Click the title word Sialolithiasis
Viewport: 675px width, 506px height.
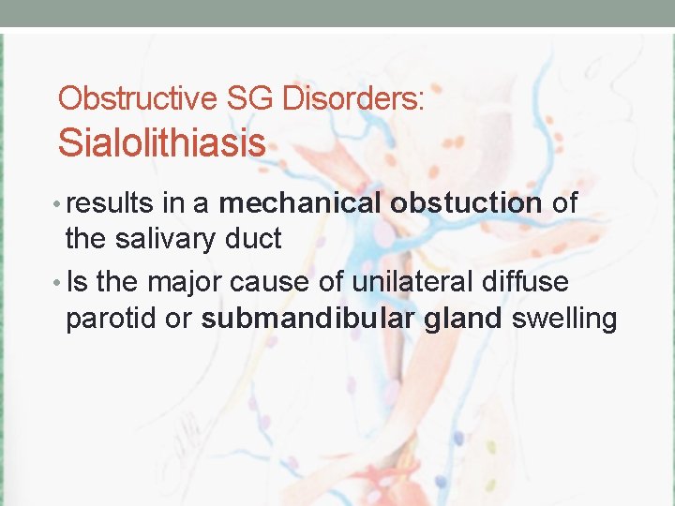coord(161,143)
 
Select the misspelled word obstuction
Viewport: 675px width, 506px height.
coord(466,203)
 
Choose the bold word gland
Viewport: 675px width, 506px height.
coord(462,320)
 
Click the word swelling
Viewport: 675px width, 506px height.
coord(564,320)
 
